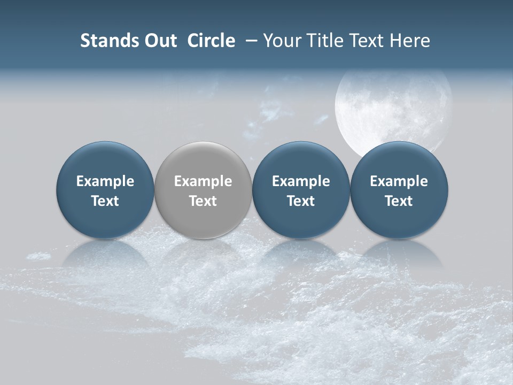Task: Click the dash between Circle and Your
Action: click(x=249, y=41)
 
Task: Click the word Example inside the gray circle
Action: click(x=203, y=181)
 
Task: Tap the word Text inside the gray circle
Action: click(x=203, y=201)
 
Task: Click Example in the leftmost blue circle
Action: click(x=105, y=181)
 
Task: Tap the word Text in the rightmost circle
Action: click(x=399, y=201)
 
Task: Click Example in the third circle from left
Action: click(x=301, y=181)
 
